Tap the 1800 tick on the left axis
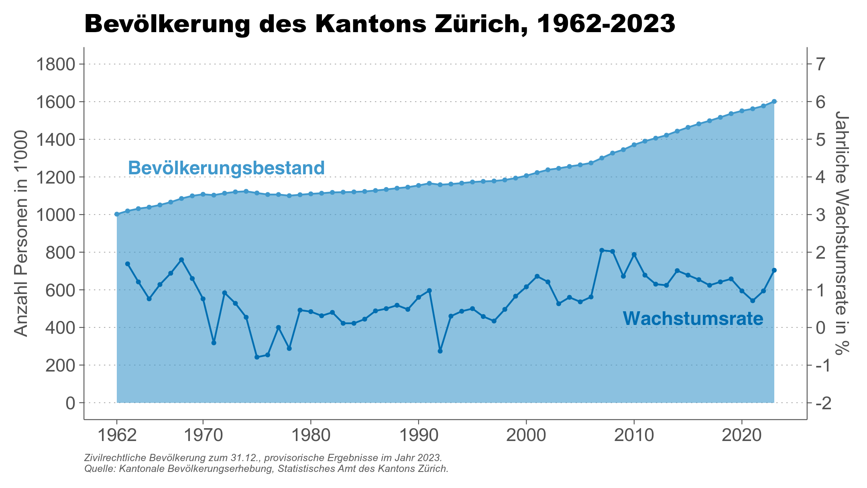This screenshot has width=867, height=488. click(x=55, y=64)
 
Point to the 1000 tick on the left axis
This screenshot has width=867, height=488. click(x=55, y=214)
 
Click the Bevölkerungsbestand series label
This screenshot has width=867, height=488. click(x=226, y=168)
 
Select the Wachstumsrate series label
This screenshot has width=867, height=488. click(x=693, y=319)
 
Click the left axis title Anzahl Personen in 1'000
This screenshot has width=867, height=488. click(x=21, y=233)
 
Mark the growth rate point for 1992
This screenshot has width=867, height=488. click(x=440, y=351)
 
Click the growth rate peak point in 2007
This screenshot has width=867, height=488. click(x=602, y=250)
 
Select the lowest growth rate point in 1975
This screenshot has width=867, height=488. click(x=257, y=357)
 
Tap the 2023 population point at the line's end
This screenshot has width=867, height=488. click(x=774, y=102)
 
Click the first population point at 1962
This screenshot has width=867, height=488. click(x=117, y=214)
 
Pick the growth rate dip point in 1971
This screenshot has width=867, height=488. click(x=214, y=343)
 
